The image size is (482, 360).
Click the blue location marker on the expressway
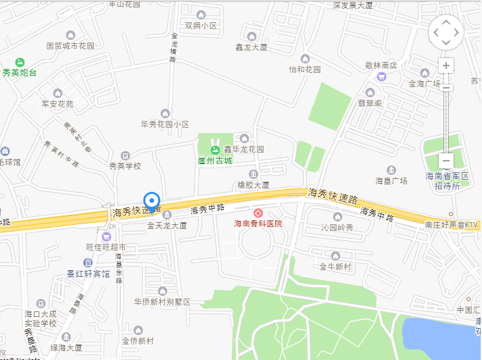point(152,201)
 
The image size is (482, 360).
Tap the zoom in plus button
point(446,66)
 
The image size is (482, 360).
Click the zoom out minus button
point(446,161)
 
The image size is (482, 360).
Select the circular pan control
point(446,32)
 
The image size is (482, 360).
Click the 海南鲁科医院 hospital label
point(258,223)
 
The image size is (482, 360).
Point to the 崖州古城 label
point(215,160)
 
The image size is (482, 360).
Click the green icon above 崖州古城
point(215,149)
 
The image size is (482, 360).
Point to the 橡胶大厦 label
point(254,184)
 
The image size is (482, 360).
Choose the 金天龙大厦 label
point(167,225)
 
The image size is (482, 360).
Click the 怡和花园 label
point(305,69)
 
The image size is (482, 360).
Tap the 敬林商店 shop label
point(381,66)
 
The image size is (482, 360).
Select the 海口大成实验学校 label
point(41,319)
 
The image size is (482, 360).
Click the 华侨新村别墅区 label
point(162,301)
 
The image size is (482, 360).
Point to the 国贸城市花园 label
point(70,46)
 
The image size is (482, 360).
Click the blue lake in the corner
point(439,338)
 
